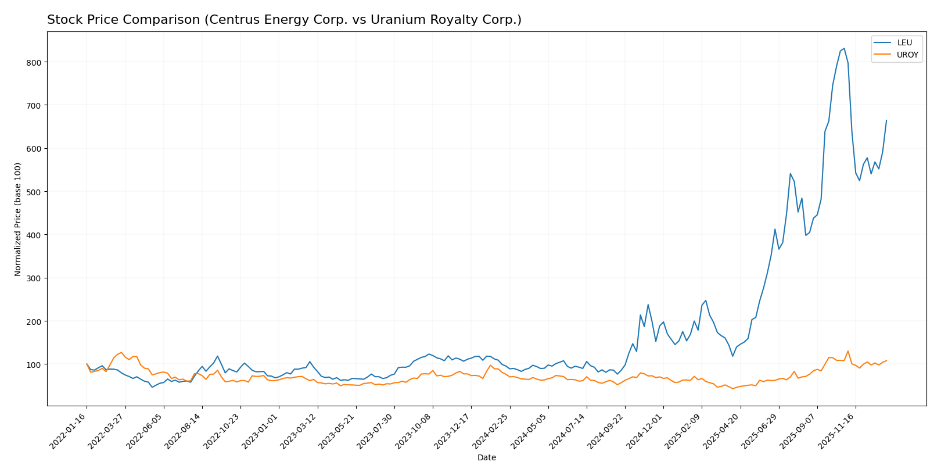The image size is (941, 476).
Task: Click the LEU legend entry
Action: click(x=904, y=42)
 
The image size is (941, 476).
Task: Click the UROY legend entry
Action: click(x=907, y=55)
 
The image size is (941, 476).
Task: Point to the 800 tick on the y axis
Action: click(x=35, y=62)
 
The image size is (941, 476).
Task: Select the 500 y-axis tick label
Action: click(x=35, y=192)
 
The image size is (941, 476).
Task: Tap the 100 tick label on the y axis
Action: click(x=35, y=364)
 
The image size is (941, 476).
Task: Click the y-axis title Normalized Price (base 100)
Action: click(x=18, y=219)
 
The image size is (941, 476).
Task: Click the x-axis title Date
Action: click(x=486, y=458)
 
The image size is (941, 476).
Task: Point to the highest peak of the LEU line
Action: click(x=844, y=49)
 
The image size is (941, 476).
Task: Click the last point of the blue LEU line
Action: click(x=886, y=120)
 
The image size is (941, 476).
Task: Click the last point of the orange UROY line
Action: click(x=886, y=360)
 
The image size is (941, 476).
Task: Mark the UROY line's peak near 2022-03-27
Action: click(x=121, y=352)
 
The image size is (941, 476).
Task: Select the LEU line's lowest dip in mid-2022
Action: click(x=152, y=387)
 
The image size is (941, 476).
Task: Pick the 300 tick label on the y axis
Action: click(x=35, y=278)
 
